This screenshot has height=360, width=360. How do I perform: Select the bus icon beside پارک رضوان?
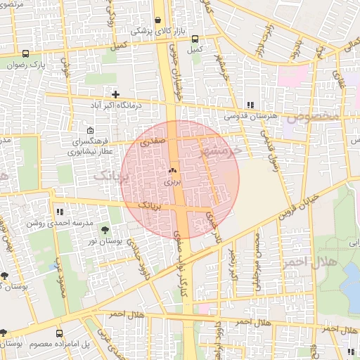[x=26, y=53]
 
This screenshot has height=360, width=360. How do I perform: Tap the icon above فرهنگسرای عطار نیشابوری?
[x=90, y=131]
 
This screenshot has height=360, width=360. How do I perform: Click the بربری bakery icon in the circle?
[x=172, y=171]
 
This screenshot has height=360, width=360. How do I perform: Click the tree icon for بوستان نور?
[x=105, y=230]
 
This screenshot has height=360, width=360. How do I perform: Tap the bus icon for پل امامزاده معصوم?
[x=59, y=333]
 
